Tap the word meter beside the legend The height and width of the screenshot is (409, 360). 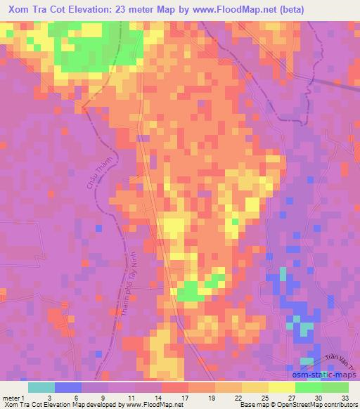(x=10, y=398)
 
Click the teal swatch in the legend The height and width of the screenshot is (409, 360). (x=41, y=387)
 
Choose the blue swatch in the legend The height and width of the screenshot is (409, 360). (x=68, y=387)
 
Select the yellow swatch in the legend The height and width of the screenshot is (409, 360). (x=281, y=387)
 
